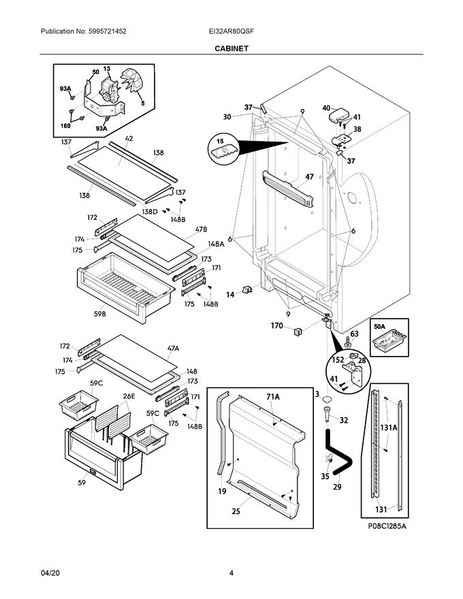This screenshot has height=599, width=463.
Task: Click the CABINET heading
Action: point(231,49)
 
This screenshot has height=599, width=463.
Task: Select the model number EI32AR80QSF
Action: point(231,31)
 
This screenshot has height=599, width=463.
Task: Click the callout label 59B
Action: point(99,314)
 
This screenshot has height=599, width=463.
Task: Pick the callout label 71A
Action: point(272,396)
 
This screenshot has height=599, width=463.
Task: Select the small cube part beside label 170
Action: point(297,331)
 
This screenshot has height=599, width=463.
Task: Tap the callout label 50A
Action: point(379,327)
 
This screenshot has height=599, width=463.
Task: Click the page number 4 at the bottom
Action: point(231,573)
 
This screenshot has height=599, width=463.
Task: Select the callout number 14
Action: point(229,295)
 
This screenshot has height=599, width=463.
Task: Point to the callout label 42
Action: point(129,139)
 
